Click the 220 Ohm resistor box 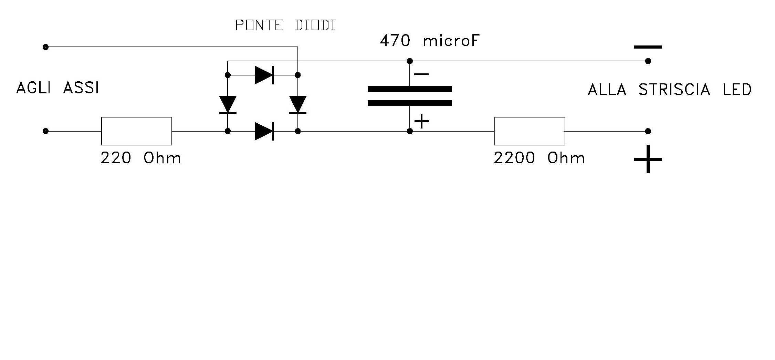click(x=136, y=131)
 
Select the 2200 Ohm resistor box click(x=530, y=131)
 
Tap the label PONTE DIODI click(x=285, y=25)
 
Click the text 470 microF click(x=429, y=41)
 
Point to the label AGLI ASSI click(x=57, y=88)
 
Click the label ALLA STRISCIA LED click(x=669, y=90)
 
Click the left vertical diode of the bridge click(x=228, y=105)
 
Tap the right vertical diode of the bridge click(x=298, y=105)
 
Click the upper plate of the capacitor click(x=410, y=89)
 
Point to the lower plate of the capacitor click(x=410, y=103)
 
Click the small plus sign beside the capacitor click(x=422, y=121)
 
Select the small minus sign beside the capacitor click(x=421, y=74)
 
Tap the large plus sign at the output click(x=648, y=159)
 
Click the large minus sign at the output click(x=648, y=47)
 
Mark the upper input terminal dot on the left click(x=45, y=47)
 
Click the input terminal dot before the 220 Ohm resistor click(x=45, y=131)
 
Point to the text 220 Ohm click(x=140, y=158)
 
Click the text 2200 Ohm click(x=539, y=158)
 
